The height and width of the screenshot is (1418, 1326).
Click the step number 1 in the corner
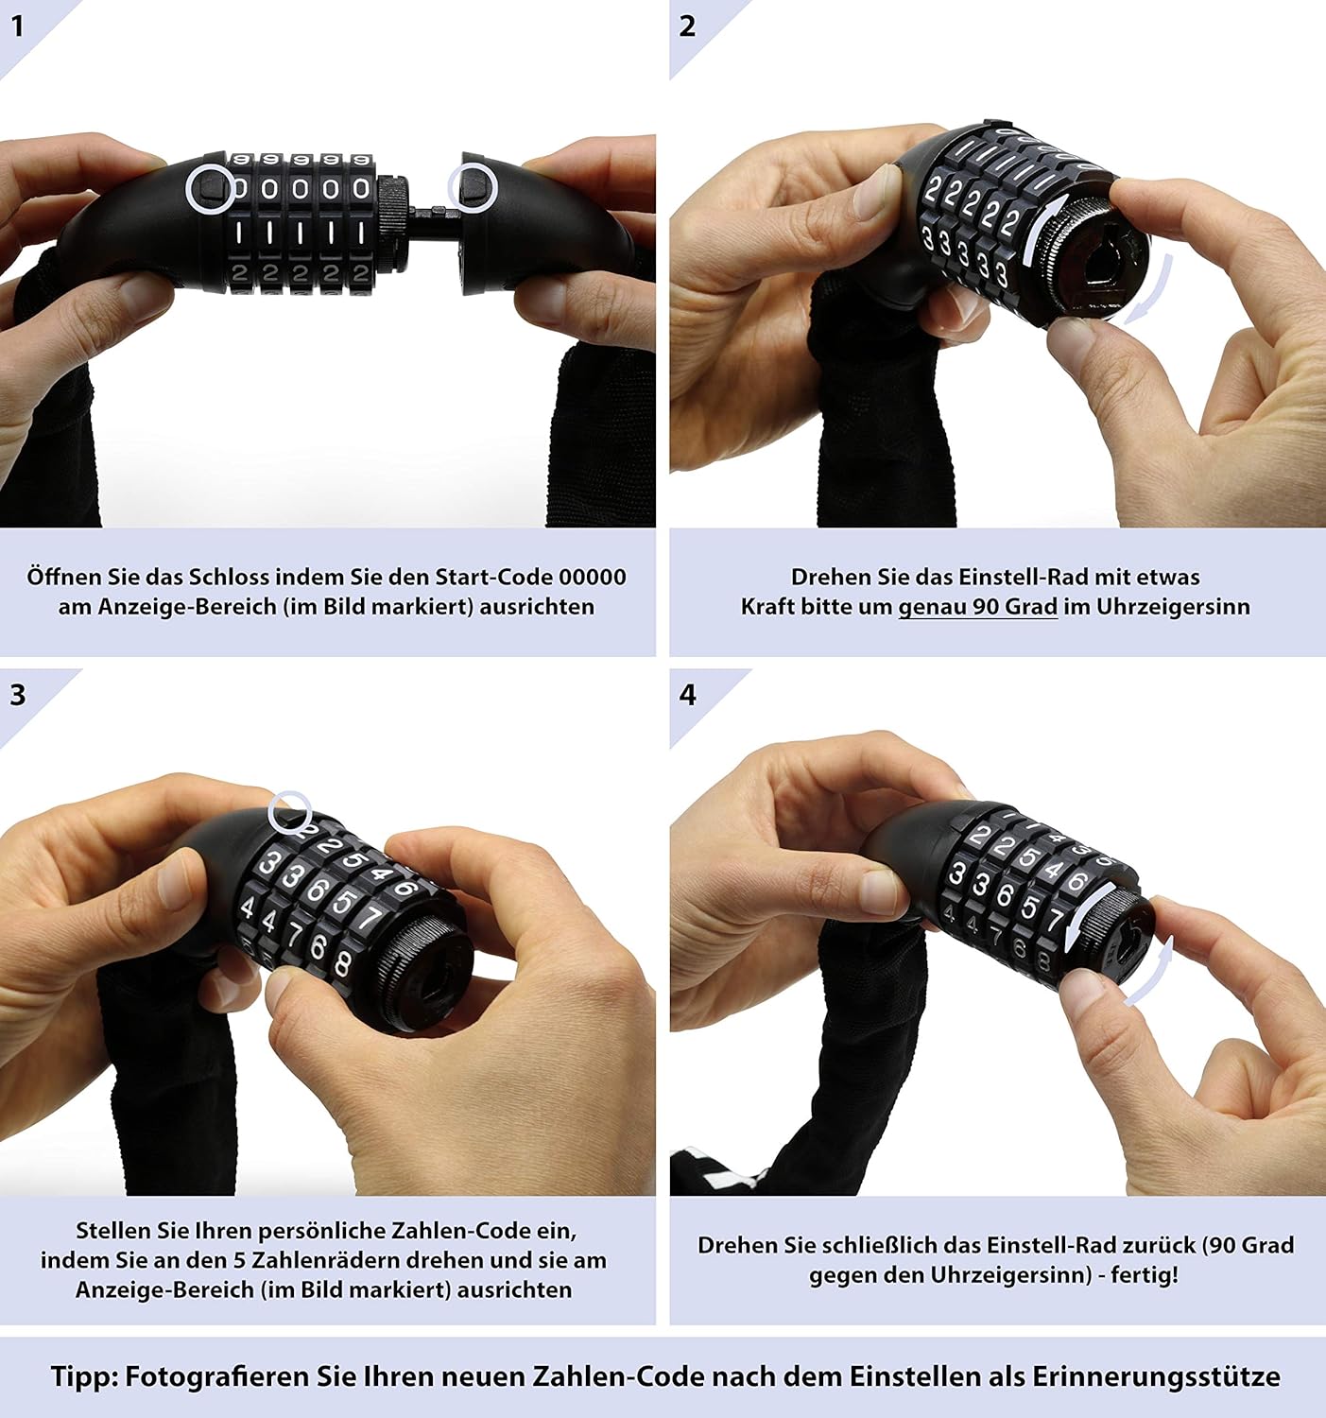18,26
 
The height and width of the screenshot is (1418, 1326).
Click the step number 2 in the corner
687,26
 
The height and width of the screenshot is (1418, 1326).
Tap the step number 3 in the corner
18,695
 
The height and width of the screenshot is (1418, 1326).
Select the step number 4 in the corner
688,695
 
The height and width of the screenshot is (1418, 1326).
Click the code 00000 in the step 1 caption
592,577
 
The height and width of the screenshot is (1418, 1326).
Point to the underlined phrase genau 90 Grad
977,607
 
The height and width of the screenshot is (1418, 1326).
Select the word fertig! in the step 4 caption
1145,1274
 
